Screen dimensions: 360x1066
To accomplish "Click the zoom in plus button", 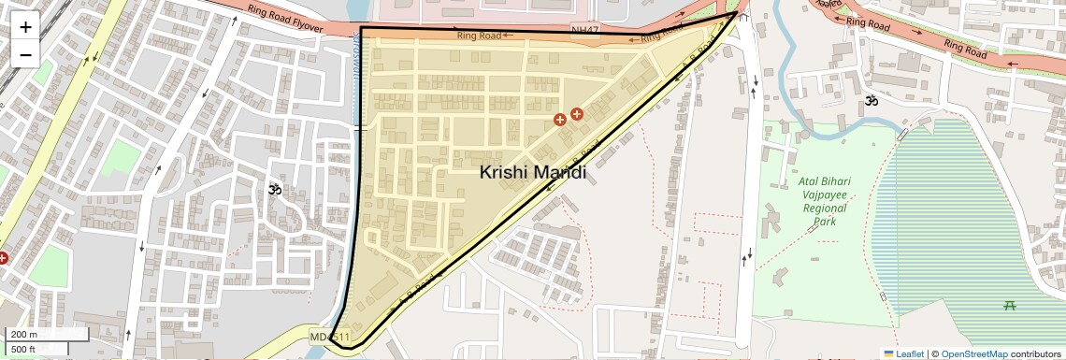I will point(25,27).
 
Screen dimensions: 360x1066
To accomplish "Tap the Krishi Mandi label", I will point(533,172).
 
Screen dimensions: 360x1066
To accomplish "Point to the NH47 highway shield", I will point(583,31).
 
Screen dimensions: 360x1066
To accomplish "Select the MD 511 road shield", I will point(330,337).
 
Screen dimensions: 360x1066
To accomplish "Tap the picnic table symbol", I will point(1009,304).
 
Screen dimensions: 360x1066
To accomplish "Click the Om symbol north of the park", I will point(872,101).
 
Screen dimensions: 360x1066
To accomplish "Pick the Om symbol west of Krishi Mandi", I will point(275,190).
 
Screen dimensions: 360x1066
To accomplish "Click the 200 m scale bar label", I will point(24,335).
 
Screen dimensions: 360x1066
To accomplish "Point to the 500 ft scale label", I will point(24,349).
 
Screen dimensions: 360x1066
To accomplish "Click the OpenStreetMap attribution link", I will point(974,353).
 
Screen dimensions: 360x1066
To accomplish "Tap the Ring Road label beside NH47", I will point(478,36).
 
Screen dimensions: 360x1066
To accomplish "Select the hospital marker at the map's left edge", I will point(3,257).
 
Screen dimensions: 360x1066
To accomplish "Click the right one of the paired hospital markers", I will point(576,114).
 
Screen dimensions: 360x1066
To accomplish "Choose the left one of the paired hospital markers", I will point(560,119).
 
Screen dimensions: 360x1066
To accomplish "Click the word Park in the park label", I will point(824,223).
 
